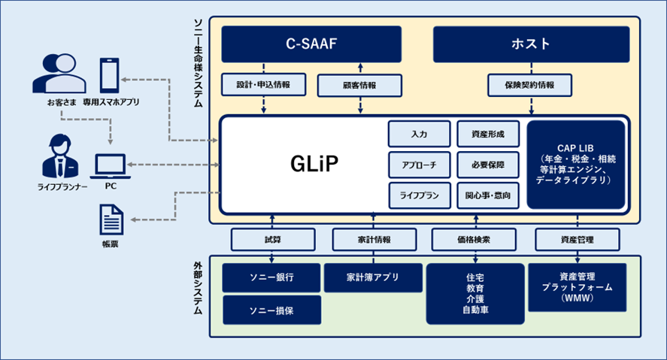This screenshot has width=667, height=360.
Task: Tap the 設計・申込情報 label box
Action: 264,85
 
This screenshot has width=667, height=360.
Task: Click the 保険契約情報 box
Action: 530,85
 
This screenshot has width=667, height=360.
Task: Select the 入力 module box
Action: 419,135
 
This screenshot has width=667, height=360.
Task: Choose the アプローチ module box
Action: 419,165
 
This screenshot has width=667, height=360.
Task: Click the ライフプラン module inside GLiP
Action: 419,195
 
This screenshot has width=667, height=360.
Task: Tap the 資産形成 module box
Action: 489,135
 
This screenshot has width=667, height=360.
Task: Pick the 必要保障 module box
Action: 489,165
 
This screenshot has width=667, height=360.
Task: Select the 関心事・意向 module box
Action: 489,195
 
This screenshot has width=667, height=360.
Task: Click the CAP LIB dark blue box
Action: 577,165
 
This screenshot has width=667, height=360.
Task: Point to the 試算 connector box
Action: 272,239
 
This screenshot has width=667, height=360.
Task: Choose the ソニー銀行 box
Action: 272,277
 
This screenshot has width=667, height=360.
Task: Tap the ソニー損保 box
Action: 272,310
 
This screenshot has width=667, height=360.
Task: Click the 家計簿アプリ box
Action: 372,277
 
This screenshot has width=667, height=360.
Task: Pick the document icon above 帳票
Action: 110,220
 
